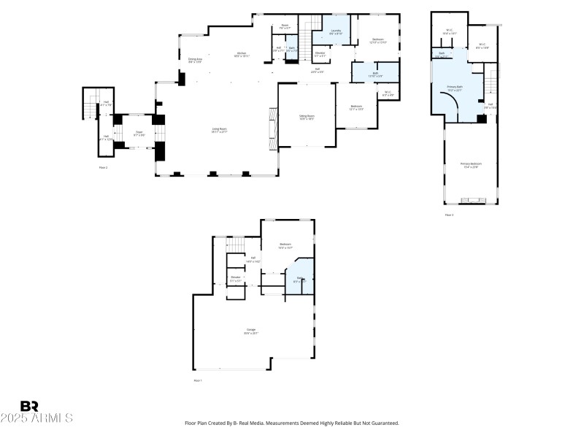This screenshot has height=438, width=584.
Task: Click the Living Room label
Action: (219, 130)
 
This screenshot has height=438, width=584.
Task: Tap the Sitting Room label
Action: (307, 117)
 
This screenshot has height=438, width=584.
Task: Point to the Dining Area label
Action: (195, 61)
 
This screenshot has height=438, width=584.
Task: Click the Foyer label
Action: (138, 134)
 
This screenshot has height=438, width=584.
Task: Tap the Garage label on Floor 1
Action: (251, 332)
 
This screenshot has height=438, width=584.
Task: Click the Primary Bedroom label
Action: (471, 165)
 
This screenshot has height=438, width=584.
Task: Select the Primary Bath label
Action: (456, 89)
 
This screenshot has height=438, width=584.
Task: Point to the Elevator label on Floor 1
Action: (236, 278)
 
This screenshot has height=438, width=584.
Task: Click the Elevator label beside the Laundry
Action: (320, 54)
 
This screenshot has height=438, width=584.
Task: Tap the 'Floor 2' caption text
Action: (103, 168)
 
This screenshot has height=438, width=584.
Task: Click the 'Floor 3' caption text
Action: (449, 215)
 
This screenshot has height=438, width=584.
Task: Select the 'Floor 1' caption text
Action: (197, 380)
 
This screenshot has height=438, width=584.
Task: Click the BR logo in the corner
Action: (29, 406)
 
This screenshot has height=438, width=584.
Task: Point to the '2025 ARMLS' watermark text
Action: (36, 418)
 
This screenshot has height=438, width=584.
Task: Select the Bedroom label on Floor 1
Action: (285, 245)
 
